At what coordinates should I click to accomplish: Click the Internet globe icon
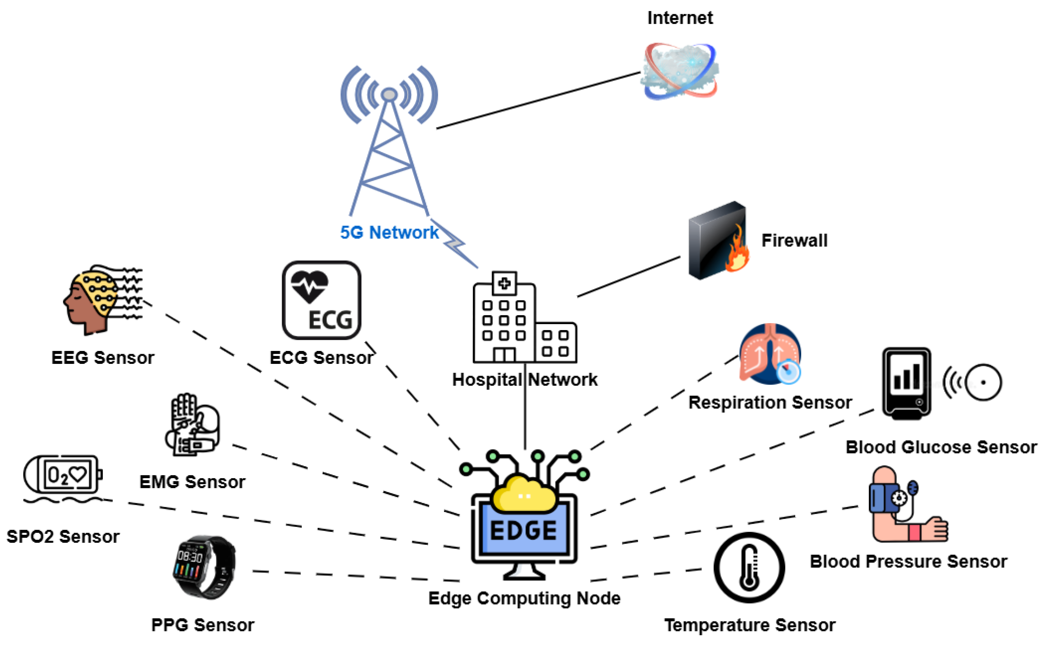(680, 71)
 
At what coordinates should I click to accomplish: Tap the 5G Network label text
(389, 232)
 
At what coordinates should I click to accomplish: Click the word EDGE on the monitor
(524, 531)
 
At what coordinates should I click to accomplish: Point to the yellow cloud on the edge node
(524, 495)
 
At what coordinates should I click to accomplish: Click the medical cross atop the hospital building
(504, 283)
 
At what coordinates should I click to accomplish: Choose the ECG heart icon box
(321, 300)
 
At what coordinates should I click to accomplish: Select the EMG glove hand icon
(192, 425)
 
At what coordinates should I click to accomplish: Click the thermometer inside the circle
(749, 567)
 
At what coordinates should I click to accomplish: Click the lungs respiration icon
(770, 354)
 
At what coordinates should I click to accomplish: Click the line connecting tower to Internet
(538, 100)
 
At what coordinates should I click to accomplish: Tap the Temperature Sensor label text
(749, 625)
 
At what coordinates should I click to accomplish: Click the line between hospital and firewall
(629, 276)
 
